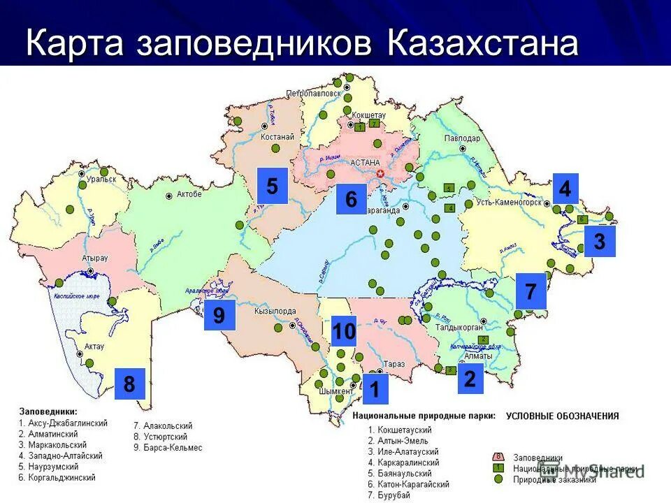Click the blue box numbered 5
(272, 186)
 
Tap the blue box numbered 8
(129, 384)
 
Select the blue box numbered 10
(343, 332)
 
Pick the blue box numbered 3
(599, 242)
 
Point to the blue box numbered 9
(219, 316)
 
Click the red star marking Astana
(381, 173)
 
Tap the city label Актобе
(189, 194)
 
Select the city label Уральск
(82, 180)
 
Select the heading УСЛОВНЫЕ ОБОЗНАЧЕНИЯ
(563, 416)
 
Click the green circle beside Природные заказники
(498, 479)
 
